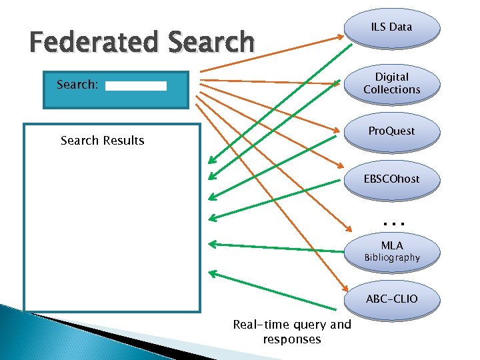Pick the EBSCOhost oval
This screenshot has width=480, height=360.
[392, 180]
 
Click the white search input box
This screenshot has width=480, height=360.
[136, 86]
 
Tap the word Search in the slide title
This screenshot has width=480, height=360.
[211, 43]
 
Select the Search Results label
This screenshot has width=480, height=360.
[102, 141]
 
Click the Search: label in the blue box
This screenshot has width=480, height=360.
[77, 85]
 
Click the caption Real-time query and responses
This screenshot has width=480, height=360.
[292, 331]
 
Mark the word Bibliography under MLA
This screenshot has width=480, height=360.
[392, 258]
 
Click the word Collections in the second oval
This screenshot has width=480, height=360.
[392, 89]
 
